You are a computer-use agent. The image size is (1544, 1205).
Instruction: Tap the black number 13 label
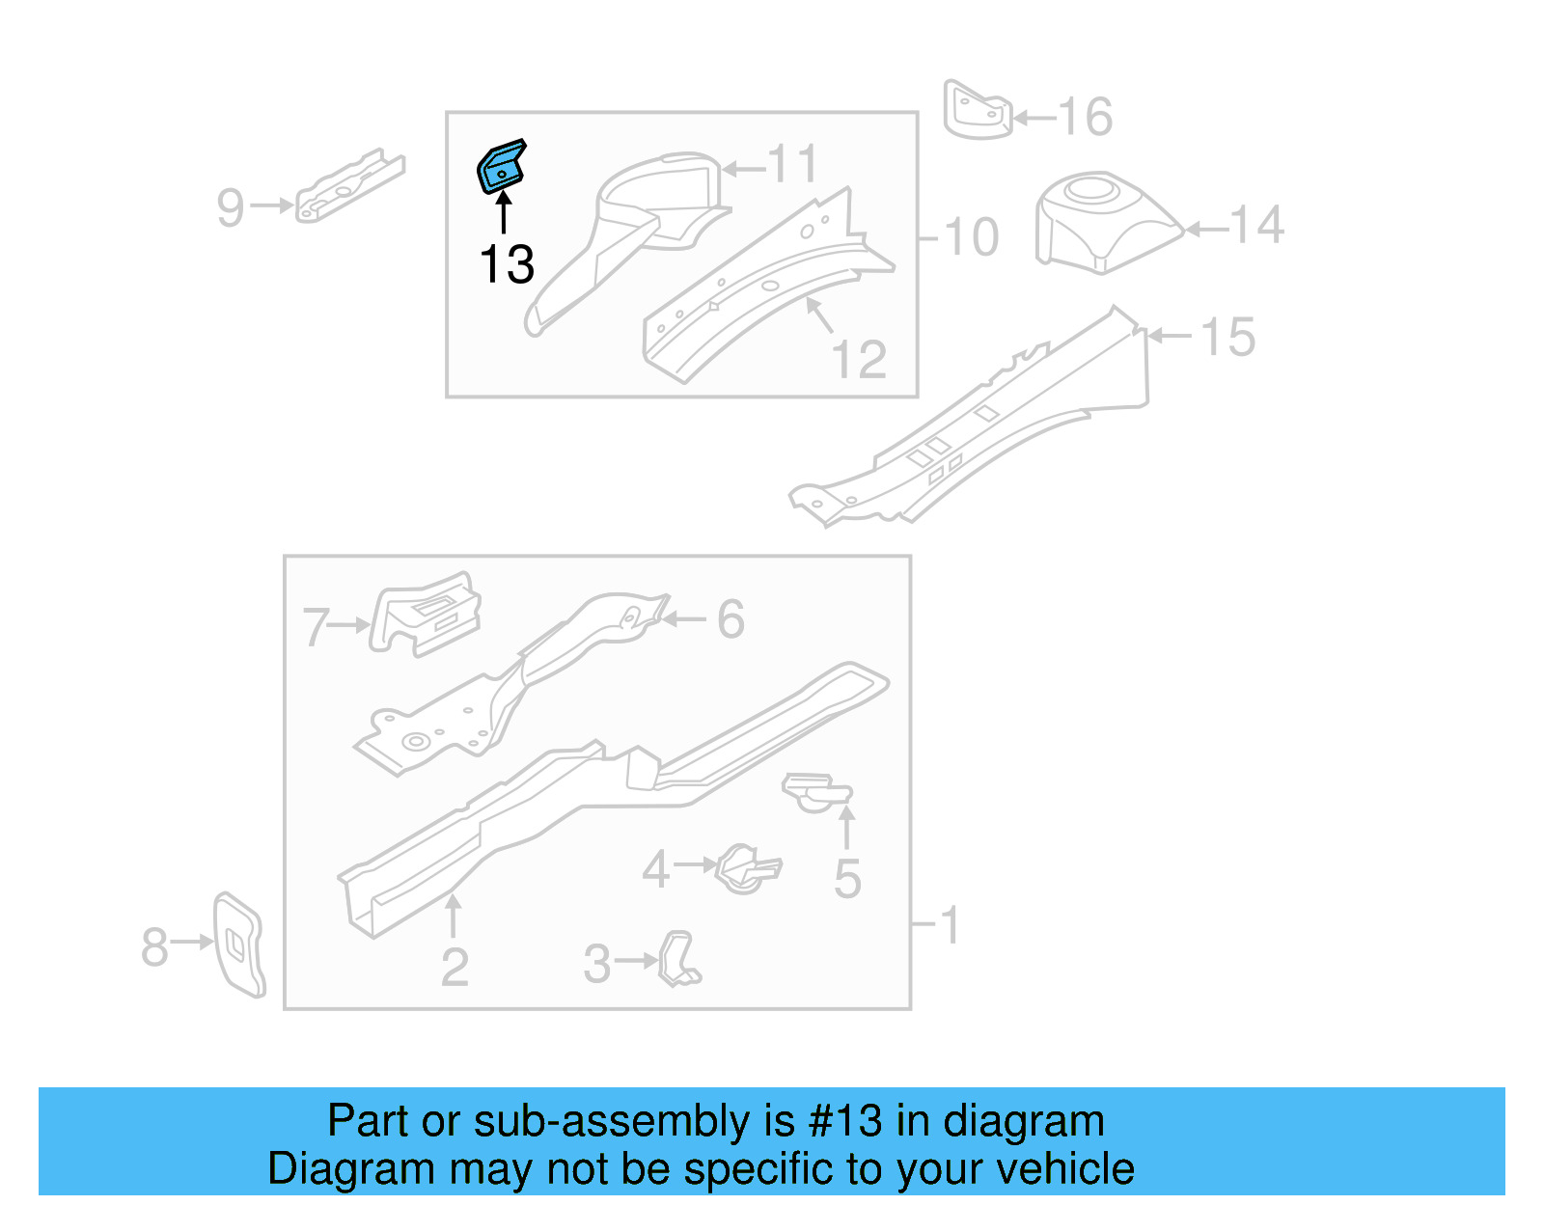pos(507,264)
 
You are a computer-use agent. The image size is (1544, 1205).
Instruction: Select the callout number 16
pos(1086,118)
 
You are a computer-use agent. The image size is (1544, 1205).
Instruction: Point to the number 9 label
pos(231,207)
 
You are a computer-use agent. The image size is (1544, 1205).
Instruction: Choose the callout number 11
pos(793,165)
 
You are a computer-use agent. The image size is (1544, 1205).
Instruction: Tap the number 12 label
pos(859,361)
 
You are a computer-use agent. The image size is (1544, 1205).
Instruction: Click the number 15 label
pos(1228,338)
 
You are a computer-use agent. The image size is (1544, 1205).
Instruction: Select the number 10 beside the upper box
pos(971,237)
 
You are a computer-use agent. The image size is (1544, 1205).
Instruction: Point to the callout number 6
pos(731,619)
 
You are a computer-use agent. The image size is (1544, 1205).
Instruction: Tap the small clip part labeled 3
pos(679,959)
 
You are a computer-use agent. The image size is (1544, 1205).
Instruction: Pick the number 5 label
pos(846,879)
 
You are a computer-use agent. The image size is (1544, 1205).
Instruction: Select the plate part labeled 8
pos(238,945)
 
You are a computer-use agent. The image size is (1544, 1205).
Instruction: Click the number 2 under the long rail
pos(455,967)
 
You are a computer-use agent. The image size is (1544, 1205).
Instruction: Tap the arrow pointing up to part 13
pos(504,212)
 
